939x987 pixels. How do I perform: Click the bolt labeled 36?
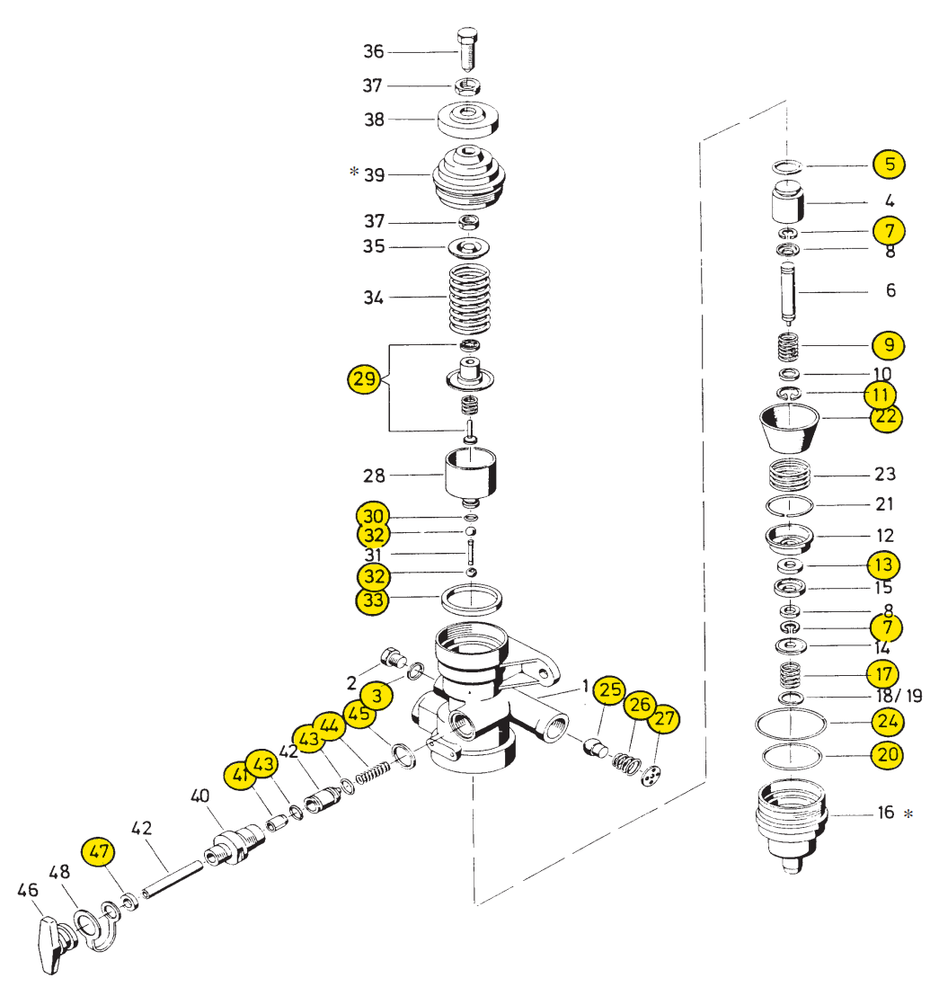(467, 49)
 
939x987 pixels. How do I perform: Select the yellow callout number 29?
(365, 379)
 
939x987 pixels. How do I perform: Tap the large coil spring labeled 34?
(469, 299)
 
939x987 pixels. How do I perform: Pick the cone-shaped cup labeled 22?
(789, 428)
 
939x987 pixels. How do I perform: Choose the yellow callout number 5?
(890, 164)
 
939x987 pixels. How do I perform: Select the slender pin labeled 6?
(787, 293)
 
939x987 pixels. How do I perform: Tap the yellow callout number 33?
(373, 600)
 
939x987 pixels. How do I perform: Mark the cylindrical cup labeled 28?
(470, 474)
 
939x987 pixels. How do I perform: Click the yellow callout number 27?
(665, 718)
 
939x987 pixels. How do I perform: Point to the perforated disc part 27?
(651, 776)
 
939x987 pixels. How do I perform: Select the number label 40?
(199, 796)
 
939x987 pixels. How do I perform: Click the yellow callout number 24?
(888, 721)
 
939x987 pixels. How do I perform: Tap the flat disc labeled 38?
(467, 119)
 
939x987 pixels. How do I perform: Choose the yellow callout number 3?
(377, 696)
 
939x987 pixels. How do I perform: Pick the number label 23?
(885, 474)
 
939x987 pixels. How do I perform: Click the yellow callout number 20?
(888, 754)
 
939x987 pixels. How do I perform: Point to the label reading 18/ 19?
(899, 696)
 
